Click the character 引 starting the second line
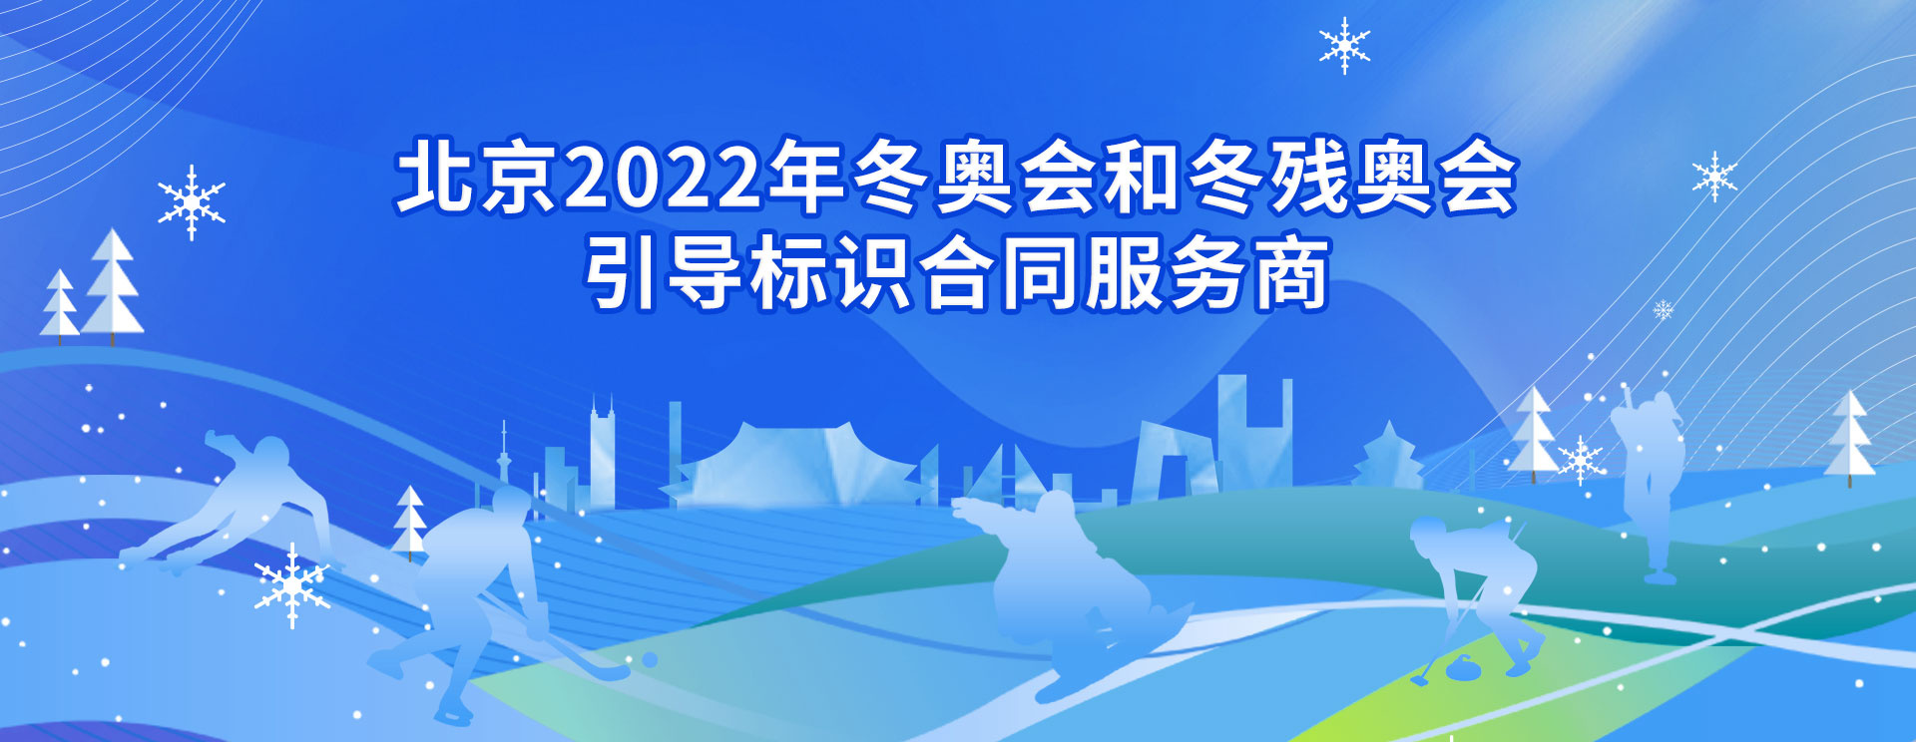point(621,271)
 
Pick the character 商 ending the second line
point(1292,271)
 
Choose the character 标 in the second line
point(788,271)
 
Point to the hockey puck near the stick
point(649,660)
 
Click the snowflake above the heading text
point(1344,45)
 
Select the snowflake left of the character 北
point(192,202)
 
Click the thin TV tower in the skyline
point(504,464)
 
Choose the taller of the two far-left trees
point(112,284)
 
